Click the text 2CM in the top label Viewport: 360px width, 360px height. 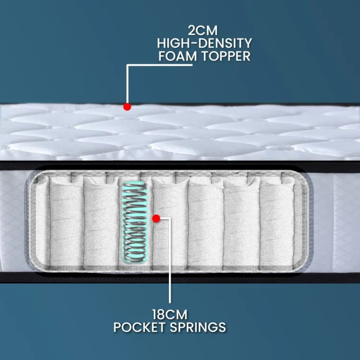coord(203,30)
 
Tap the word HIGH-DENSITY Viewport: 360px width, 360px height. coord(204,43)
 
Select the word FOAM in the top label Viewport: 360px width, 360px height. coord(178,56)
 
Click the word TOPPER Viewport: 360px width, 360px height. coord(226,56)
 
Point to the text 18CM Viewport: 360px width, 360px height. coord(169,314)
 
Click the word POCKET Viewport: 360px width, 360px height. coord(140,327)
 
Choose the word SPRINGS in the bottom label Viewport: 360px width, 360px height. coord(198,327)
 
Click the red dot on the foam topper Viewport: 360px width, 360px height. coord(127,107)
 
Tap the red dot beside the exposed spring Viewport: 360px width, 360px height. coord(156,218)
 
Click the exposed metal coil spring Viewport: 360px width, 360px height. coord(134,222)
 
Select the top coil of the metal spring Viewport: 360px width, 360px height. coord(134,184)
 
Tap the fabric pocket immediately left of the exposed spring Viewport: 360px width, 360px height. coord(101,222)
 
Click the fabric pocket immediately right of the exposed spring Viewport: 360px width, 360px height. coord(170,222)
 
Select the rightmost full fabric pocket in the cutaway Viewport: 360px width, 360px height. coord(276,222)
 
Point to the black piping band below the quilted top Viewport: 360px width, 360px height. coord(180,166)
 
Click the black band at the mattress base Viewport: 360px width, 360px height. coord(180,277)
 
